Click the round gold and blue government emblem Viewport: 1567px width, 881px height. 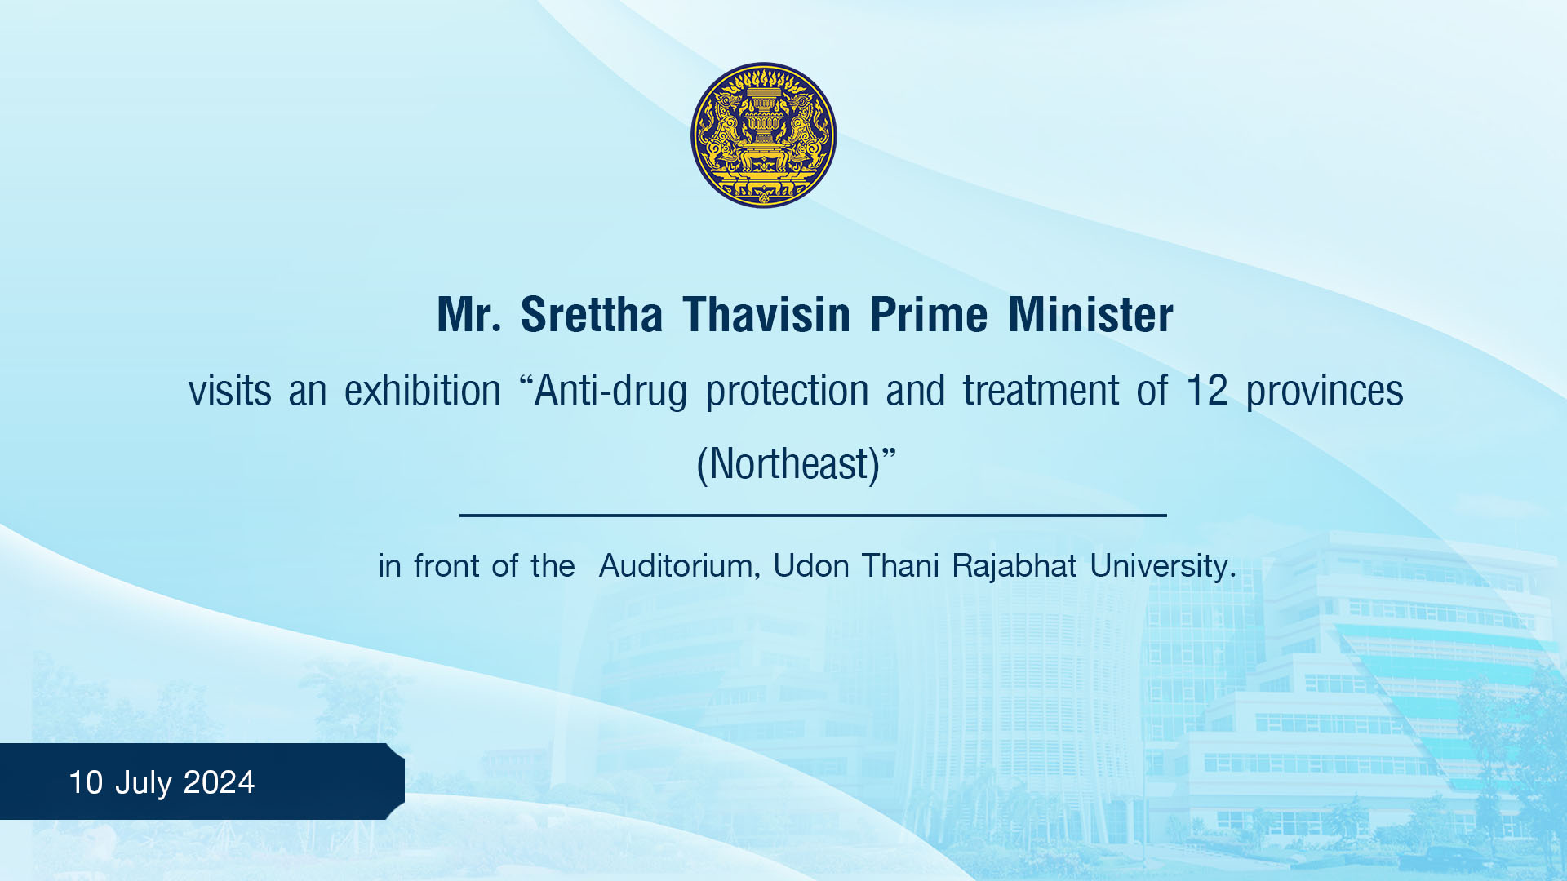pos(763,135)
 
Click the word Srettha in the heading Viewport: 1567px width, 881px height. pos(592,315)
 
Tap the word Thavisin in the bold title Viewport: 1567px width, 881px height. pos(766,315)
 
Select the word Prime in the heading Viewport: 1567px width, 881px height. pos(929,315)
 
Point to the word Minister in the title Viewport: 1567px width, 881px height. pos(1090,315)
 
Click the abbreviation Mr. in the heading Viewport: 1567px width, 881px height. pos(468,315)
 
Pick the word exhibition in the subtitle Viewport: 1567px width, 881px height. pos(422,391)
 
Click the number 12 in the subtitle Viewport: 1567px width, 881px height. pos(1206,391)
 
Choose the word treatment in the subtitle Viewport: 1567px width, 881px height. pos(1041,391)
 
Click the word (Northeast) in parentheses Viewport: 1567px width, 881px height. pos(788,464)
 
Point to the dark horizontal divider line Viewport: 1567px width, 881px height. pos(813,516)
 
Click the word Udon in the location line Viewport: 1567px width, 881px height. pos(811,566)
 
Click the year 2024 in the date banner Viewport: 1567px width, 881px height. pos(219,782)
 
